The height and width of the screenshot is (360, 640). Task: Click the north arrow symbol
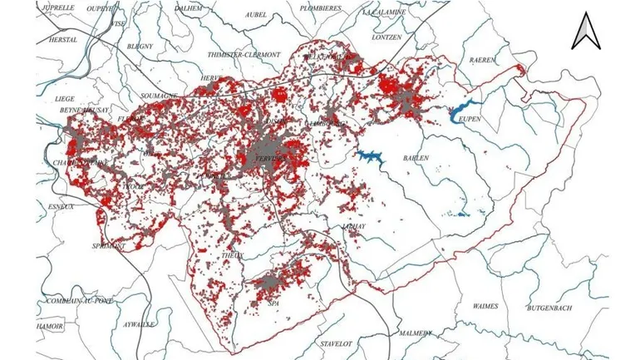tap(588, 32)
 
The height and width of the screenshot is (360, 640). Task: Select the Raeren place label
tap(482, 60)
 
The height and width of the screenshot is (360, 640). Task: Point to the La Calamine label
tap(384, 12)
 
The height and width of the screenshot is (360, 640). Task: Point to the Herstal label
tap(62, 39)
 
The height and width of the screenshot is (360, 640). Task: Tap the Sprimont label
tap(109, 246)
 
